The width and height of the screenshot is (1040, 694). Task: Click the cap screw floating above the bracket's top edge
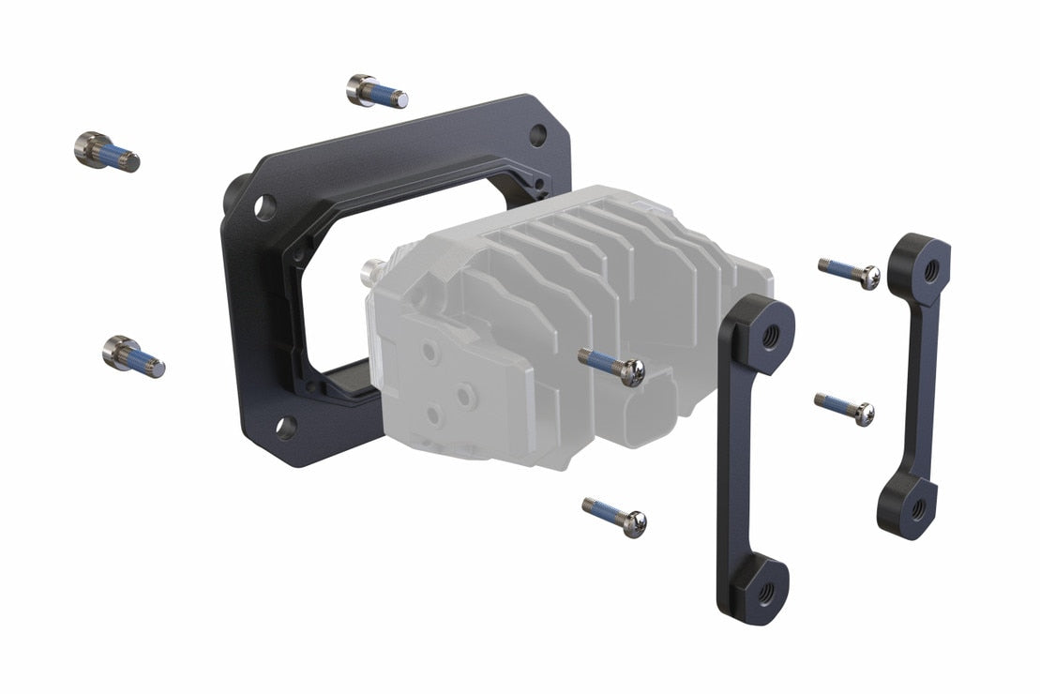pos(377,91)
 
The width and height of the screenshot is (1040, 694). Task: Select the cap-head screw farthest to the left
pos(106,152)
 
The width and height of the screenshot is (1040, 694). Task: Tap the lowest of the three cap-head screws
pos(134,355)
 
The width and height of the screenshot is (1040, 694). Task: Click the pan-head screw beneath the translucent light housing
pos(615,517)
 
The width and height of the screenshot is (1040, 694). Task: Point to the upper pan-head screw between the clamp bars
pos(850,272)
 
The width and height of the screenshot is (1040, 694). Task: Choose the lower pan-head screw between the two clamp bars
pos(845,408)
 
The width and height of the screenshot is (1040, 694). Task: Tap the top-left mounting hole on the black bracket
pos(264,205)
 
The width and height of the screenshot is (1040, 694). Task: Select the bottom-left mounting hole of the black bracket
pos(286,429)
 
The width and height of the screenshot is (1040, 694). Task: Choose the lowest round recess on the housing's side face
pos(432,413)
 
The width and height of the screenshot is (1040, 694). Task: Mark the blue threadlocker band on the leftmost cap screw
pos(113,155)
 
